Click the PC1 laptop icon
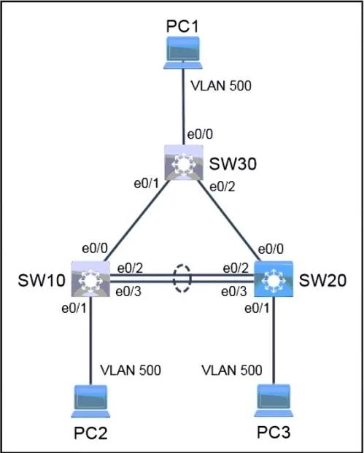click(x=183, y=53)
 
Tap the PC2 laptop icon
click(x=90, y=401)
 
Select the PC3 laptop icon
click(x=274, y=400)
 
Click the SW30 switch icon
click(x=184, y=163)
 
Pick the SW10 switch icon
click(x=90, y=279)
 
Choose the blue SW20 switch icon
click(x=274, y=279)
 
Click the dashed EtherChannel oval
click(x=182, y=266)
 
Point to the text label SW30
click(x=233, y=165)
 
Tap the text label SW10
click(x=42, y=281)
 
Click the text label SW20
click(x=322, y=281)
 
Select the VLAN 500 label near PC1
click(x=221, y=86)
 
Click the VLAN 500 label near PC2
click(x=131, y=370)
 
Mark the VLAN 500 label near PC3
click(x=232, y=370)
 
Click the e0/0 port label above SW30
click(x=201, y=135)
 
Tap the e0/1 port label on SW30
click(x=147, y=184)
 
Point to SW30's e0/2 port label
click(x=222, y=187)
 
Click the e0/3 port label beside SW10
click(x=128, y=292)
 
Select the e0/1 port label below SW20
click(x=257, y=309)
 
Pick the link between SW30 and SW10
click(x=137, y=220)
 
